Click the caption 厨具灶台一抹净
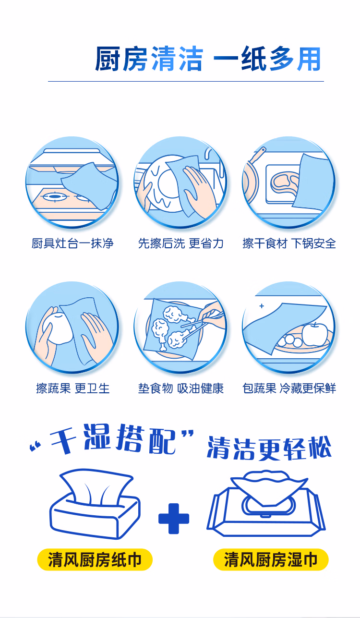click(72, 243)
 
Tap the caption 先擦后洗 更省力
click(180, 243)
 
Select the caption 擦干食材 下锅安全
click(289, 243)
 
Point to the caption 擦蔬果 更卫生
click(73, 388)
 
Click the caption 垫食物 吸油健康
click(180, 388)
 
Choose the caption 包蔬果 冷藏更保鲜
click(289, 388)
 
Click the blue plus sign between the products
click(173, 519)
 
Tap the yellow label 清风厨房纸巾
click(95, 559)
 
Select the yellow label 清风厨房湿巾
click(271, 559)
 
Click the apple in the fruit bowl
click(315, 334)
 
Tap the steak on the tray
click(285, 183)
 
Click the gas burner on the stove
click(55, 196)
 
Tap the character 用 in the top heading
click(309, 59)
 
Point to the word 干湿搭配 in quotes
click(113, 440)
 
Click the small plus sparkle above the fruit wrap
click(262, 306)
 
